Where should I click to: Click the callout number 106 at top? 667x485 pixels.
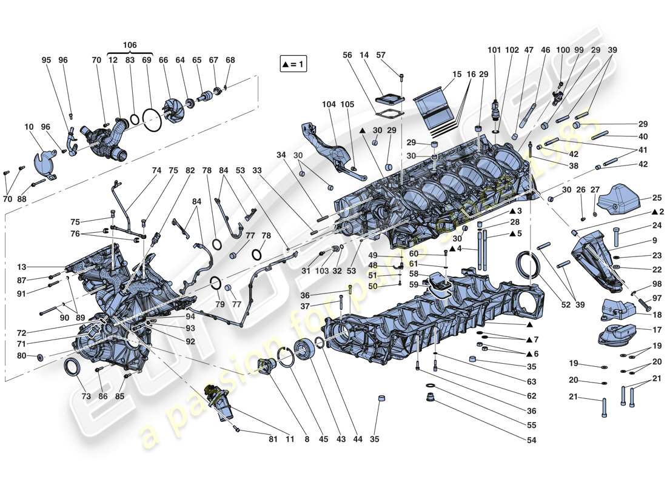coord(130,45)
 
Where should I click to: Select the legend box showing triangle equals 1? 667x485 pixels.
coord(293,64)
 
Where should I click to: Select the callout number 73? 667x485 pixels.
coord(85,396)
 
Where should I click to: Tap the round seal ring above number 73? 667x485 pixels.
coord(73,367)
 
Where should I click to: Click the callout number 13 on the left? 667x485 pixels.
coord(22,267)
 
